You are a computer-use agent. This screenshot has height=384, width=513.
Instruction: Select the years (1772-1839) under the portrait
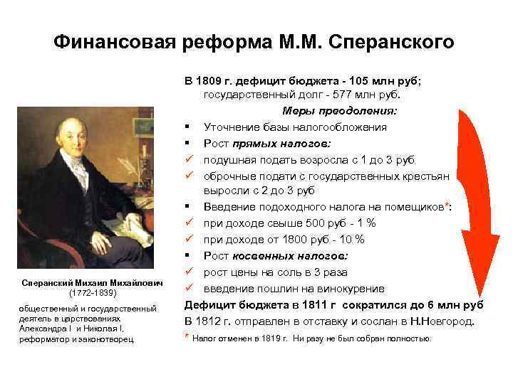pyautogui.click(x=90, y=293)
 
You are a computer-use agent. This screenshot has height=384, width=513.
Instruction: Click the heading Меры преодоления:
pyautogui.click(x=340, y=111)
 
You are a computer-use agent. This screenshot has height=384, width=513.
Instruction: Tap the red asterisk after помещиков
pyautogui.click(x=446, y=205)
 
